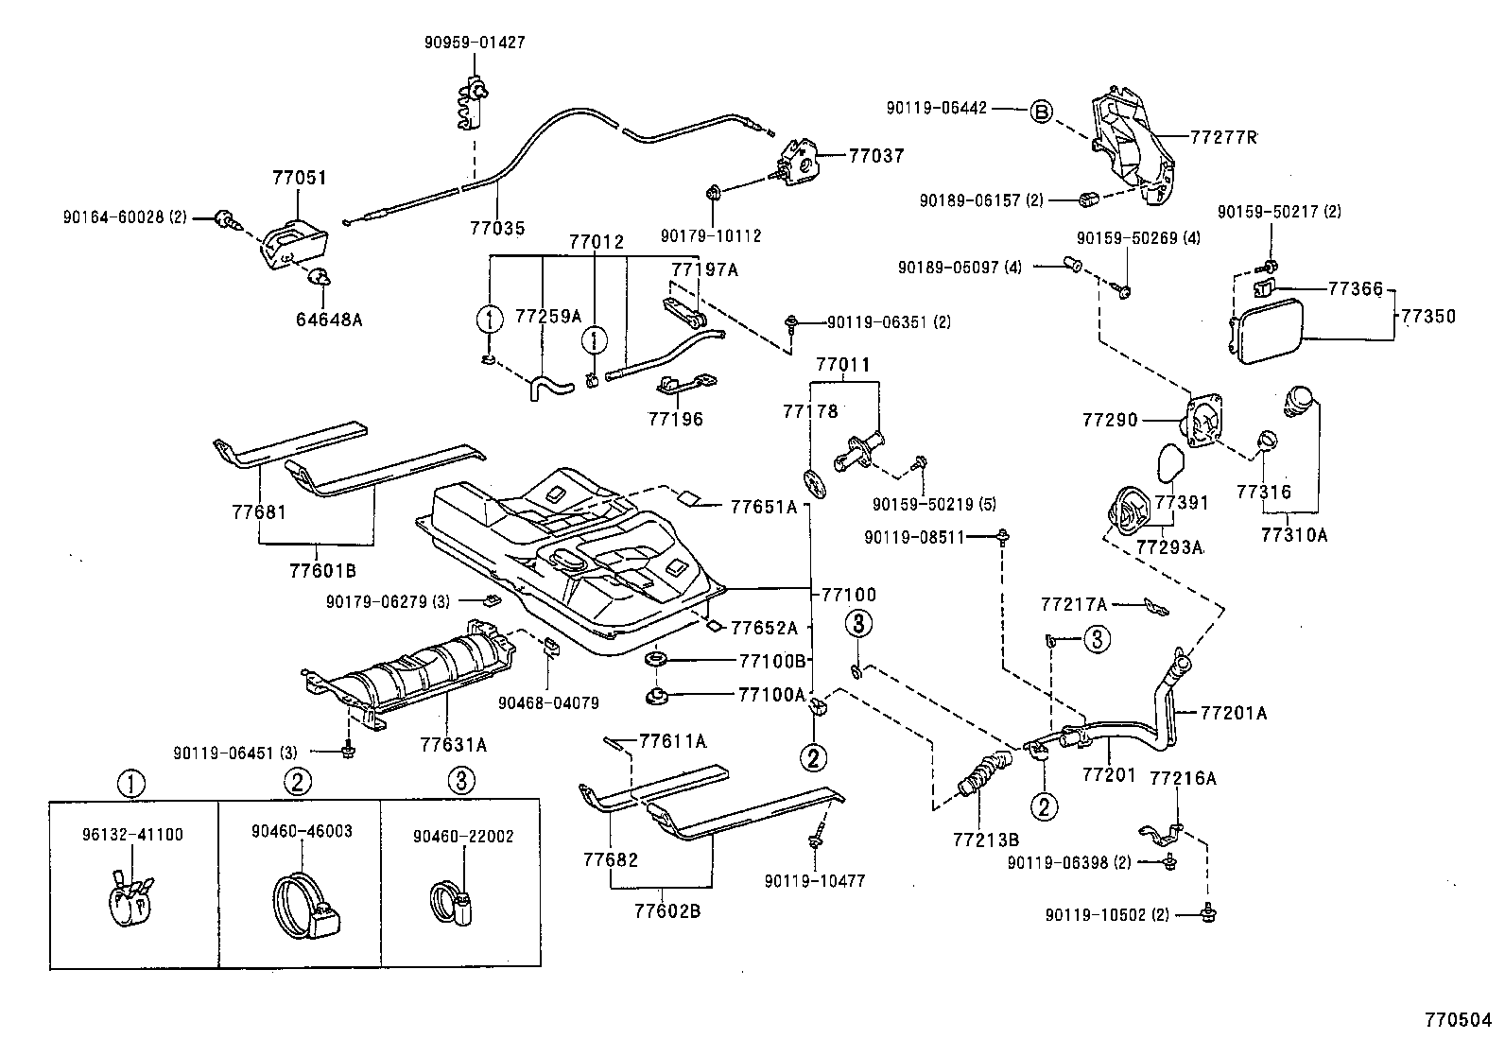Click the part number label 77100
click(848, 595)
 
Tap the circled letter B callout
click(1039, 111)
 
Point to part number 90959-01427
click(476, 43)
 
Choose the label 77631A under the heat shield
click(453, 745)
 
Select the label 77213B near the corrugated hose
click(985, 840)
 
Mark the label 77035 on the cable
click(497, 228)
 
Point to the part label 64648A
click(330, 320)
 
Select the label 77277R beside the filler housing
click(1223, 138)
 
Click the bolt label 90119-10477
click(815, 881)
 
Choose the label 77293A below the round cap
click(1168, 547)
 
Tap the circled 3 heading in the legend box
click(460, 781)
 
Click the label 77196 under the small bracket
click(675, 419)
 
